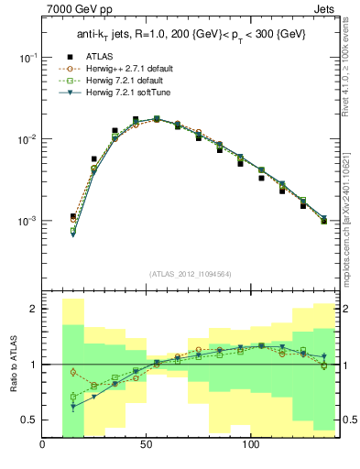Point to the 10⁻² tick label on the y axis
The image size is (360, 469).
click(27, 139)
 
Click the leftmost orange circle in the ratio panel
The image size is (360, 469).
click(73, 372)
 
